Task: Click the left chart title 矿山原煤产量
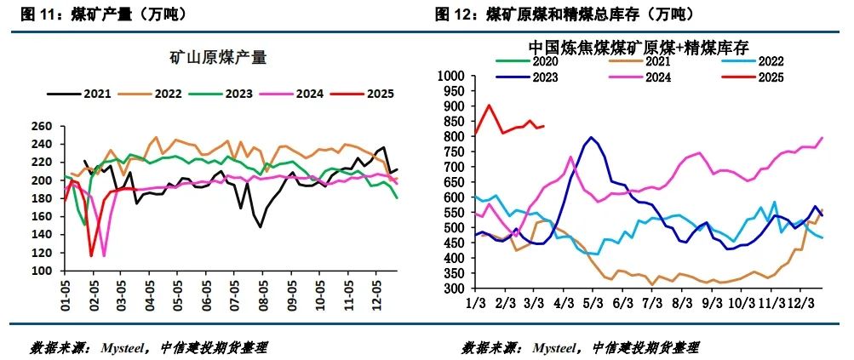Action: [x=218, y=58]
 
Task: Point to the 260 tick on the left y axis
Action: [x=42, y=127]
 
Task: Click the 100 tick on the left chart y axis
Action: [x=42, y=271]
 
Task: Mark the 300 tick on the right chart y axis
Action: [x=449, y=289]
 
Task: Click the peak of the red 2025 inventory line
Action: [x=489, y=106]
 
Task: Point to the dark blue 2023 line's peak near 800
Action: [x=591, y=137]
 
